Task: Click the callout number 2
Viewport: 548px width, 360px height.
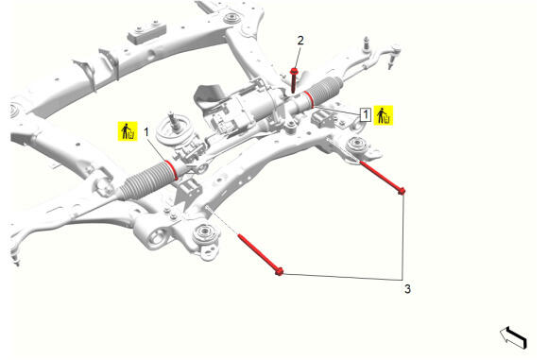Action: (300, 41)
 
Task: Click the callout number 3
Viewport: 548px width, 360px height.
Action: (407, 289)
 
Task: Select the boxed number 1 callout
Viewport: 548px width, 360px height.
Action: (366, 114)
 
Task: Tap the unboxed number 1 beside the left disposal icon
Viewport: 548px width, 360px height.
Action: (146, 132)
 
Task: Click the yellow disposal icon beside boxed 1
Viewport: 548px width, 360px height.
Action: (384, 115)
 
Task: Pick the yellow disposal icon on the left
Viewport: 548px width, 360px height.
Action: (128, 131)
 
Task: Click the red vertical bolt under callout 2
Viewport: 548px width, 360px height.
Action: (294, 80)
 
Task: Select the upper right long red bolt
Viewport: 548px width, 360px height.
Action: (383, 177)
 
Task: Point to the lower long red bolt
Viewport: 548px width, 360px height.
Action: (261, 255)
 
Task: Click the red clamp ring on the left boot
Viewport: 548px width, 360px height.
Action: (172, 170)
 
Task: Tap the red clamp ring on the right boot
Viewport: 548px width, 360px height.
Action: (308, 99)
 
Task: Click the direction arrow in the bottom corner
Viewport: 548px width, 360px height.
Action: (513, 337)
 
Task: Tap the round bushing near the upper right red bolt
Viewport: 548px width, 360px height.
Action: (356, 145)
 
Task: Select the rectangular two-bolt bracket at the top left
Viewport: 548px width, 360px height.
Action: (147, 32)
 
